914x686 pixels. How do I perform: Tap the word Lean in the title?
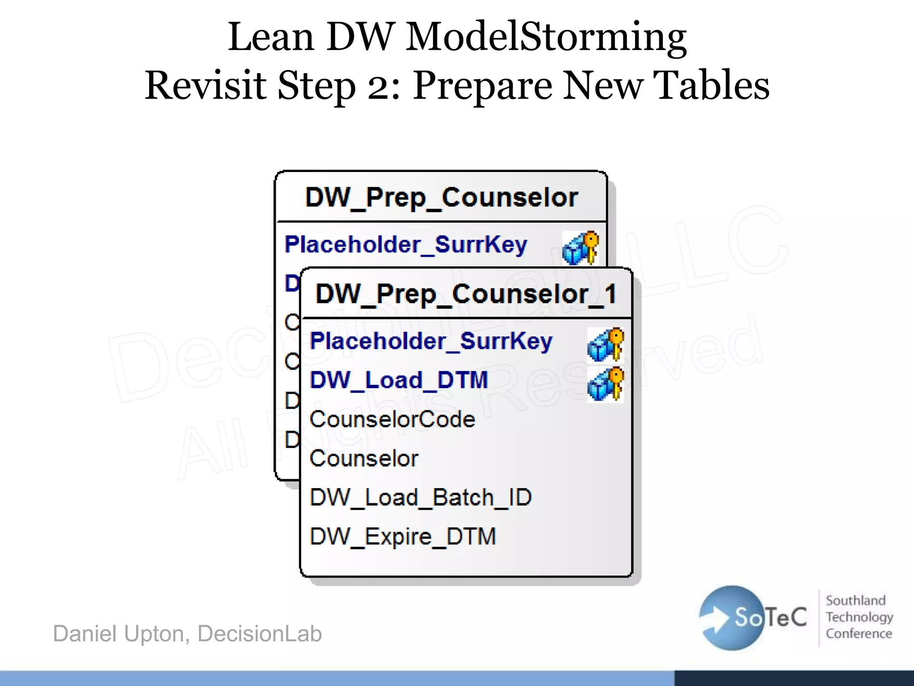271,37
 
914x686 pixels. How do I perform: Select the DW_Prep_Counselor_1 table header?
466,294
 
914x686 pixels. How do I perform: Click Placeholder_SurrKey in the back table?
406,245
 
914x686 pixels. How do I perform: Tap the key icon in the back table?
581,248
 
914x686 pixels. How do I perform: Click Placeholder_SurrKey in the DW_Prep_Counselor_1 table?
431,342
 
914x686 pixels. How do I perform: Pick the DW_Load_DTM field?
399,381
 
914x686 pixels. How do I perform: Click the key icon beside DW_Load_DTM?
606,384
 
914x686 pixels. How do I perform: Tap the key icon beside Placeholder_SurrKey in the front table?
606,344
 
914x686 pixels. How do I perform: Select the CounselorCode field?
392,419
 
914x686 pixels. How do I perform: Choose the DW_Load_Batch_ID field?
420,498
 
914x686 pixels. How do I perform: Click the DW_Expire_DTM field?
403,536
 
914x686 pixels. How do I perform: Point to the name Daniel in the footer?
84,633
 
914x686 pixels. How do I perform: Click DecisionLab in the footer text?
259,633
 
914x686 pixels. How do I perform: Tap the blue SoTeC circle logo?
732,618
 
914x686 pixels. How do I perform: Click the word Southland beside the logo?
856,600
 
